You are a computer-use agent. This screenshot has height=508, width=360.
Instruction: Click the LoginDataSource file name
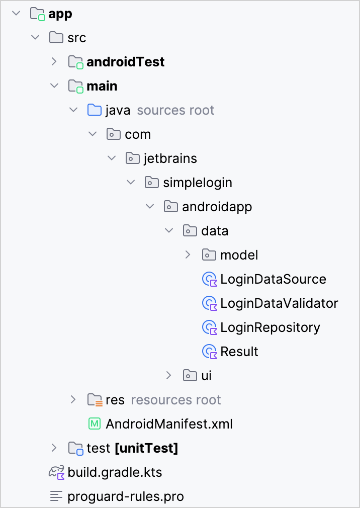pos(273,279)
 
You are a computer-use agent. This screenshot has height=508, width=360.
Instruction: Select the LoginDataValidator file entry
pos(279,303)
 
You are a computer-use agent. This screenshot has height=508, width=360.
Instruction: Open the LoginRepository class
pos(270,327)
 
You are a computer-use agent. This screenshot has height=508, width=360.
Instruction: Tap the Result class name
pos(239,352)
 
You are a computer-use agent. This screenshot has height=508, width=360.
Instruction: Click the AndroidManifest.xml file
pos(169,424)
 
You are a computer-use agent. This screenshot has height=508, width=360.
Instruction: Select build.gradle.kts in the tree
pos(115,473)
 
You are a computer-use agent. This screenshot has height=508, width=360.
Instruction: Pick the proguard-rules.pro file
pos(126,497)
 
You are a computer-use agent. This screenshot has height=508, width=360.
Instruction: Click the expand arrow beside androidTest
pos(54,62)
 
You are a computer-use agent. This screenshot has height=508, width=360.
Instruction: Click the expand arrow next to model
pos(188,255)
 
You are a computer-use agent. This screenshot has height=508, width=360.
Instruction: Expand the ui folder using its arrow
pos(169,376)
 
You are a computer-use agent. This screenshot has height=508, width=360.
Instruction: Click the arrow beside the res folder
pos(73,400)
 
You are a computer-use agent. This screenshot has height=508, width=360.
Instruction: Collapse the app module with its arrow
pos(16,14)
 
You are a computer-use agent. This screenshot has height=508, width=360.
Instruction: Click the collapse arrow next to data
pos(169,231)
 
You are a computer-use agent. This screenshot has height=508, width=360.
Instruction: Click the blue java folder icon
pos(94,110)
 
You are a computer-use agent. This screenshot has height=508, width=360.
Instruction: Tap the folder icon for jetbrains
pos(132,158)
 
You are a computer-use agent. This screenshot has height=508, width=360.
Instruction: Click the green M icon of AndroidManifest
pos(94,424)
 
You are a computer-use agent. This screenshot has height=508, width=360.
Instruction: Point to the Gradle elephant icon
pos(56,472)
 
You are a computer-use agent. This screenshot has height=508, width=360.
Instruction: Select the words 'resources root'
pos(176,400)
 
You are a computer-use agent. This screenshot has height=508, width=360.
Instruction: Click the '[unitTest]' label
pos(146,448)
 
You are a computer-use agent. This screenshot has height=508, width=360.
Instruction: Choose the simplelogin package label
pos(198,183)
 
